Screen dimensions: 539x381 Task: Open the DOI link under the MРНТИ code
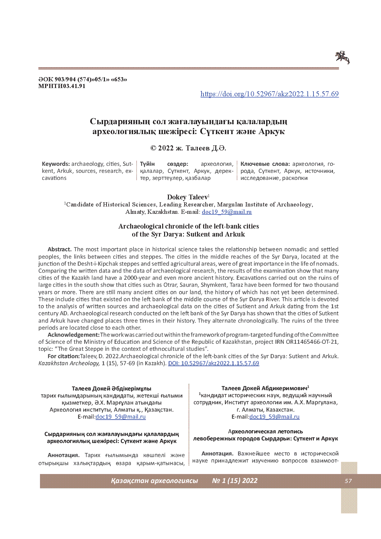pyautogui.click(x=269, y=94)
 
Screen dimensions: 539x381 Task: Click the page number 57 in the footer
pyautogui.click(x=348, y=481)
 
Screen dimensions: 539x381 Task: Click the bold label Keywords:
pyautogui.click(x=56, y=164)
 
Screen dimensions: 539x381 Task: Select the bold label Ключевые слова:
pyautogui.click(x=265, y=164)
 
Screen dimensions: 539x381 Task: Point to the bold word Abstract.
pyautogui.click(x=60, y=249)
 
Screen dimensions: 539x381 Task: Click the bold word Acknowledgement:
pyautogui.click(x=74, y=335)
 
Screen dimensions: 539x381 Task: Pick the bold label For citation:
pyautogui.click(x=63, y=356)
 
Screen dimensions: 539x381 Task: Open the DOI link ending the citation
pyautogui.click(x=213, y=363)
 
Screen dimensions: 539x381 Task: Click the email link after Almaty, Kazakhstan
pyautogui.click(x=226, y=212)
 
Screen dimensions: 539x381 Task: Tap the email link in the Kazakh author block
pyautogui.click(x=121, y=417)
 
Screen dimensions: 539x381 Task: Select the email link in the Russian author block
pyautogui.click(x=274, y=417)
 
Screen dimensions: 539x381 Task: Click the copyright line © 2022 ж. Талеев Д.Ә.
pyautogui.click(x=188, y=148)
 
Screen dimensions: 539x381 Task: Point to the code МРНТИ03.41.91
pyautogui.click(x=62, y=86)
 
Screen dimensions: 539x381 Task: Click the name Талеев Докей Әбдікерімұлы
pyautogui.click(x=111, y=389)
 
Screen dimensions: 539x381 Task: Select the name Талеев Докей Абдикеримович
pyautogui.click(x=264, y=388)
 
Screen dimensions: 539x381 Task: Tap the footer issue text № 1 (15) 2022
pyautogui.click(x=235, y=481)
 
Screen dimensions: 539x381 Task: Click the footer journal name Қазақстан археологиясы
pyautogui.click(x=154, y=481)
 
